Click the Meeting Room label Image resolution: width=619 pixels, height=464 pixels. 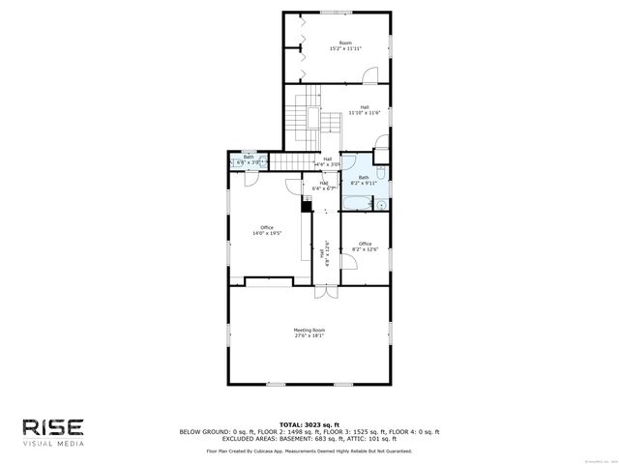(x=309, y=333)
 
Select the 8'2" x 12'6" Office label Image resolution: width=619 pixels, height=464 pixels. (x=365, y=246)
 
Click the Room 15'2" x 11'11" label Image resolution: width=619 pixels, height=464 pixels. (x=339, y=45)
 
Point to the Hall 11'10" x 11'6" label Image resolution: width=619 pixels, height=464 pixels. (x=365, y=110)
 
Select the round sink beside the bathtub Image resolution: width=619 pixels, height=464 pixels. (x=382, y=205)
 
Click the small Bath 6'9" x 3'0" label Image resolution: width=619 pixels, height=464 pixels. (x=249, y=159)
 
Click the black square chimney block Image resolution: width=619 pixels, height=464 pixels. (x=306, y=202)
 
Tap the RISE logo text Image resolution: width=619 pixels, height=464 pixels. (x=54, y=427)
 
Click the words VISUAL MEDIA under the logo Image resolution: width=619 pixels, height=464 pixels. (x=54, y=444)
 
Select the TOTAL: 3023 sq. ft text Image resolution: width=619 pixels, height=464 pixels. (x=309, y=424)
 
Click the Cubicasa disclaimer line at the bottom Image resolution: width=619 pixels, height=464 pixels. (x=309, y=450)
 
